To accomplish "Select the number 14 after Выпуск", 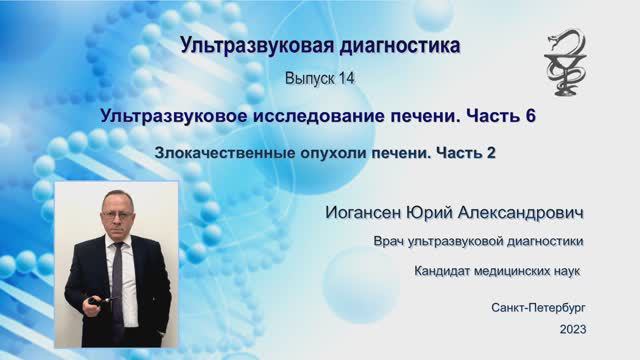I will point(344,77).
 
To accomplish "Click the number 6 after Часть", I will point(530,116).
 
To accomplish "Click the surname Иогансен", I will point(369,214).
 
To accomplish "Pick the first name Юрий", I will point(441,214).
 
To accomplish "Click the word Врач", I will point(392,242).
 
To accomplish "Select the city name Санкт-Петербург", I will point(538,307).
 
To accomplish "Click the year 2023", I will point(574,329).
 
